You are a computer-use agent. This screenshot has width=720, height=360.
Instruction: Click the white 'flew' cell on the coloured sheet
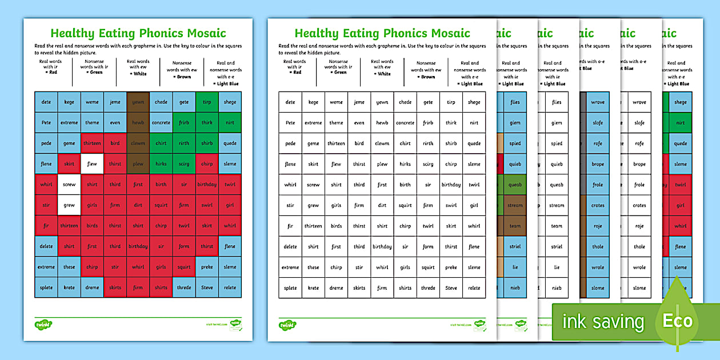92,164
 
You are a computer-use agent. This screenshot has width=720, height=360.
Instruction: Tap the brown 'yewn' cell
138,102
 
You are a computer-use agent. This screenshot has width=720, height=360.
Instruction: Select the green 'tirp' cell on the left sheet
207,102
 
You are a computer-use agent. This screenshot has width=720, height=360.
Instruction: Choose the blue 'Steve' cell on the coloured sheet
207,287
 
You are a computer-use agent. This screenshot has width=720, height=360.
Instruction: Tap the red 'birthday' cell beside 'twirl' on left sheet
207,185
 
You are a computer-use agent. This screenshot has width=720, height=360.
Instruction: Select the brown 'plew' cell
138,164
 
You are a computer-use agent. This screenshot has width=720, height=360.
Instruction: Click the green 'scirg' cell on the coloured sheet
184,164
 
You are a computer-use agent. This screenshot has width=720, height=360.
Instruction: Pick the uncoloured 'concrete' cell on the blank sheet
405,123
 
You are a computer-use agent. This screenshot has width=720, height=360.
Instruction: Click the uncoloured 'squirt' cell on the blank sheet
405,205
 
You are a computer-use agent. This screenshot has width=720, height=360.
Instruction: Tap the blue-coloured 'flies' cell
515,102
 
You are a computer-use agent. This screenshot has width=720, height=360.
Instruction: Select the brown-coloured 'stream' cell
515,205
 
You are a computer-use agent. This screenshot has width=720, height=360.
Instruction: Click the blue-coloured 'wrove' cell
598,102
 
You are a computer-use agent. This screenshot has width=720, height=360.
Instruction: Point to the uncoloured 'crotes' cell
639,205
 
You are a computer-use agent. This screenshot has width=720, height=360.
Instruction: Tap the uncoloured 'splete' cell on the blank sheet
290,288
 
